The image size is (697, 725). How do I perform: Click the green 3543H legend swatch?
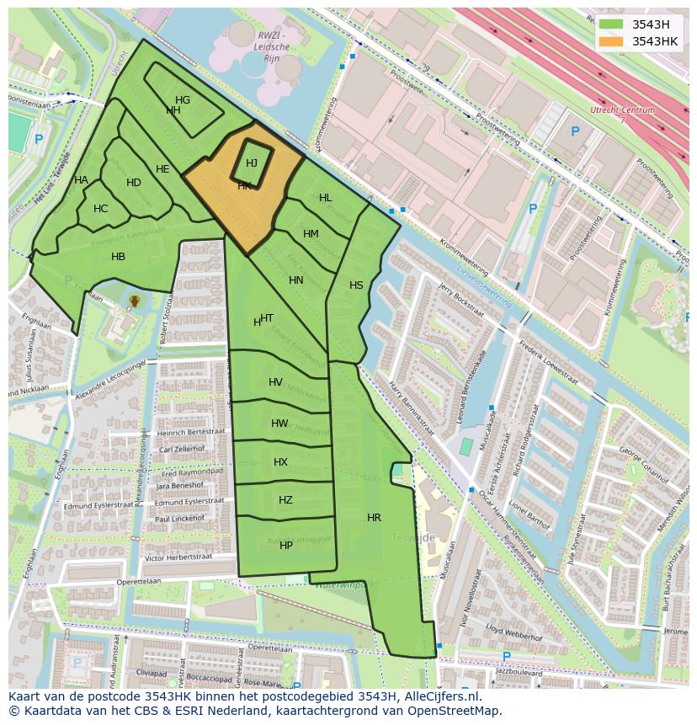pyautogui.click(x=610, y=24)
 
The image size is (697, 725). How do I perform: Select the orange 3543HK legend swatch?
pyautogui.click(x=610, y=41)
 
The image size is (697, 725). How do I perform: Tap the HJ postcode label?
pyautogui.click(x=252, y=163)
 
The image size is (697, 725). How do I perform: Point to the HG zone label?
pyautogui.click(x=183, y=100)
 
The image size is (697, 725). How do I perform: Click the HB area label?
pyautogui.click(x=118, y=257)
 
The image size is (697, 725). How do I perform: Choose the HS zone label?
pyautogui.click(x=356, y=285)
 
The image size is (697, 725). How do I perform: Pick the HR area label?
pyautogui.click(x=374, y=518)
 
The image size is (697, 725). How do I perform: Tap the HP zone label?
pyautogui.click(x=286, y=546)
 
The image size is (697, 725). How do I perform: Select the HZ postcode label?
pyautogui.click(x=285, y=500)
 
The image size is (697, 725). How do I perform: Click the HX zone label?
pyautogui.click(x=280, y=462)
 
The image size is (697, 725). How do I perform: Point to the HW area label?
pyautogui.click(x=279, y=424)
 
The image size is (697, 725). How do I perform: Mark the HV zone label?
pyautogui.click(x=275, y=382)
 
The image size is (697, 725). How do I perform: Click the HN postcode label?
pyautogui.click(x=296, y=280)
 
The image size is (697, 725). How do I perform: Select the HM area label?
pyautogui.click(x=311, y=234)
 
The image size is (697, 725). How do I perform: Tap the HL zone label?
pyautogui.click(x=325, y=198)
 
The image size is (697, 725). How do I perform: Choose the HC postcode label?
pyautogui.click(x=100, y=209)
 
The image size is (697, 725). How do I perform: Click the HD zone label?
pyautogui.click(x=134, y=183)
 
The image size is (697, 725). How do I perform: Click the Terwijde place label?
pyautogui.click(x=413, y=537)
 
